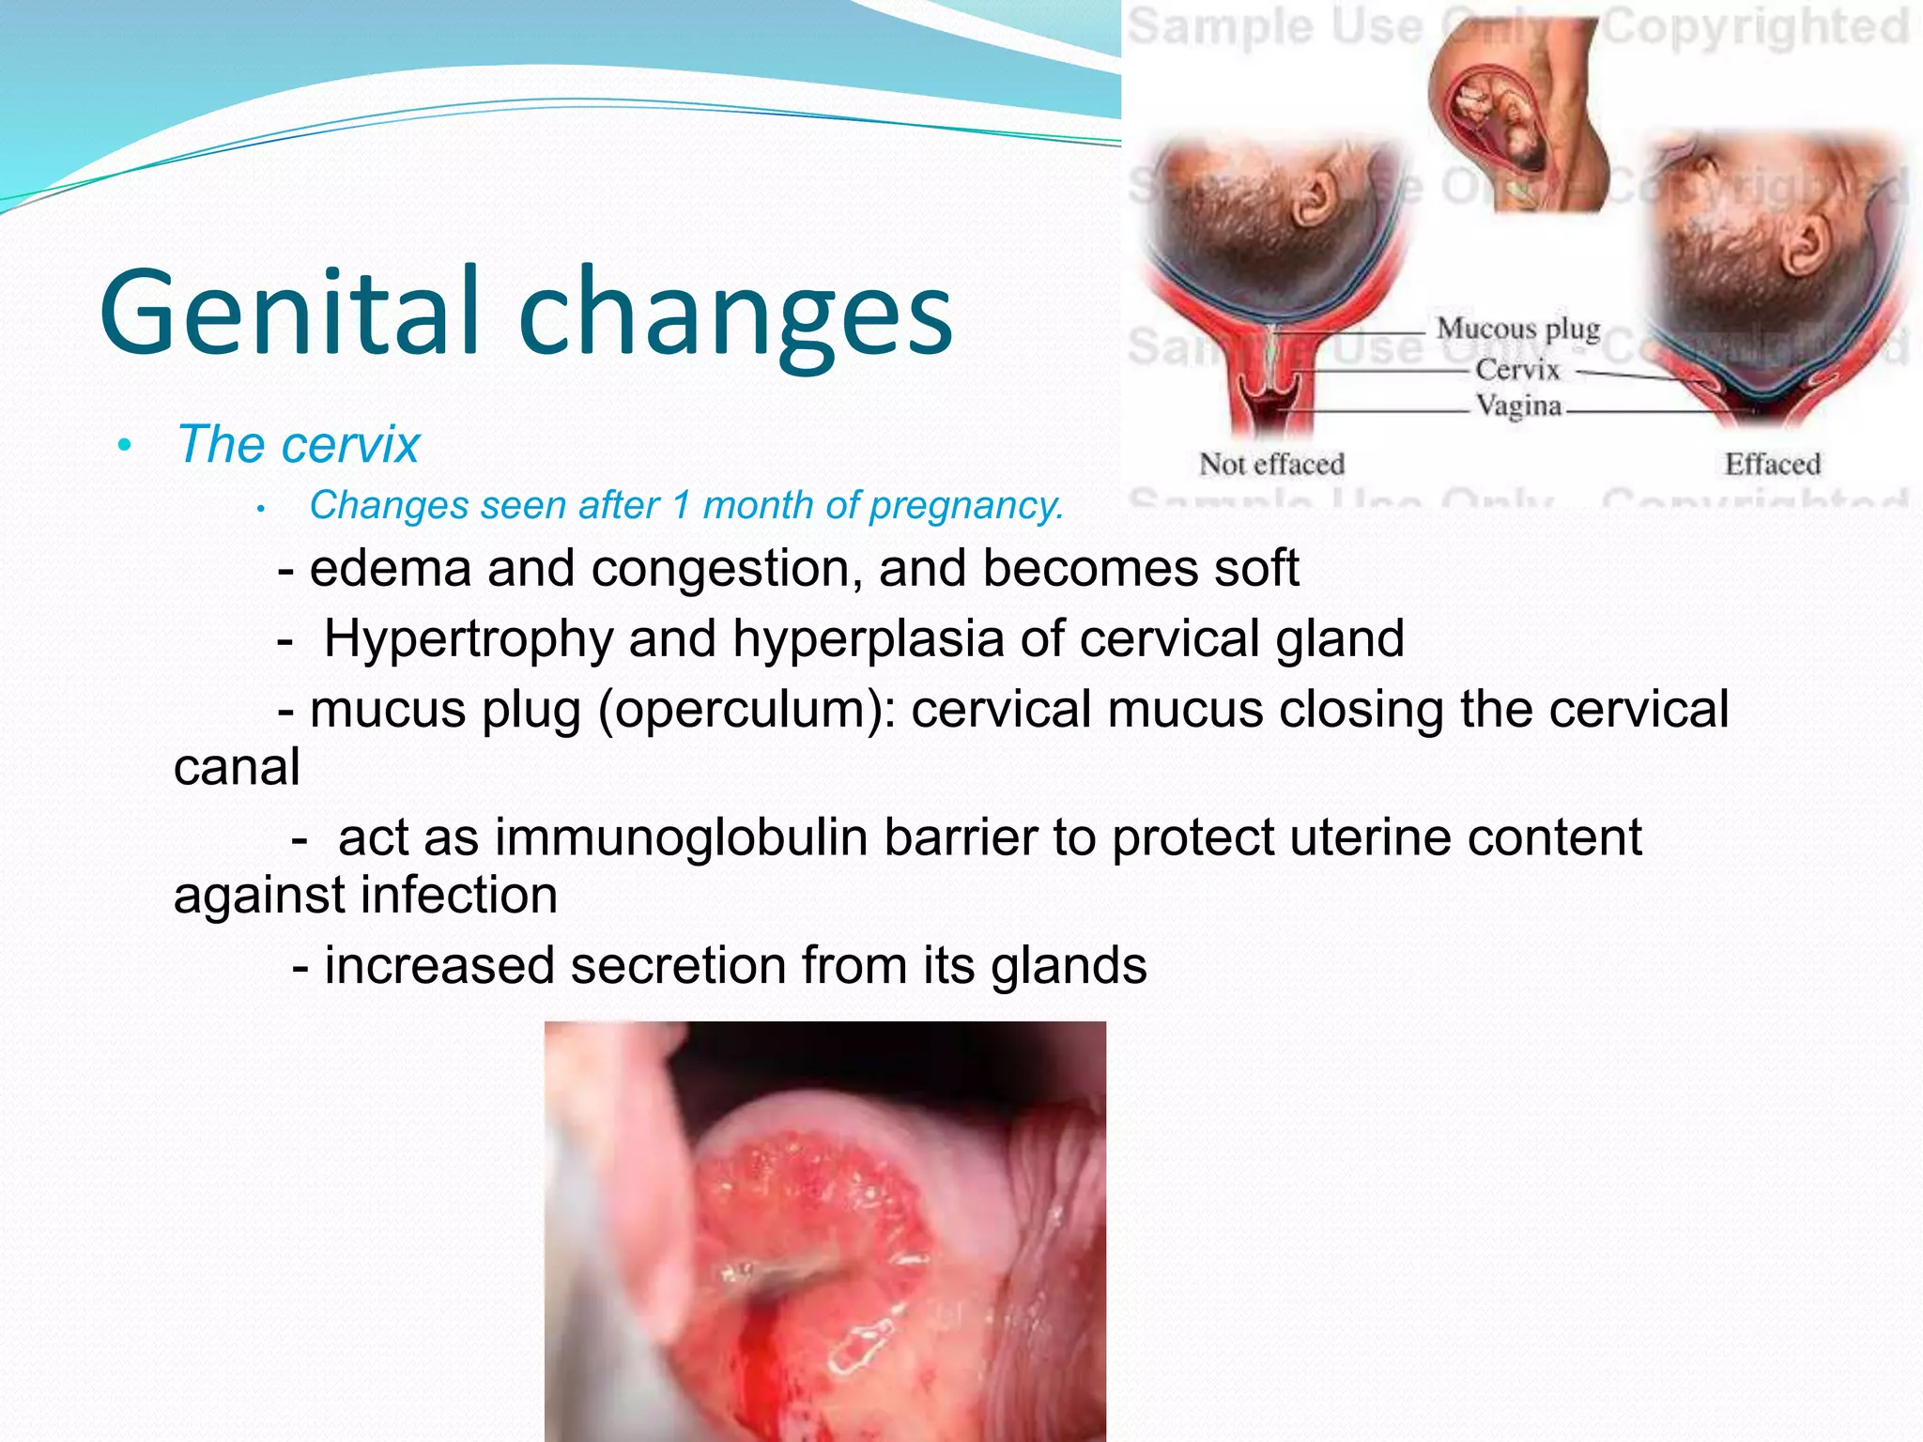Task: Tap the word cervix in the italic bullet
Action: coord(358,444)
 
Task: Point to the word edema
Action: coord(390,569)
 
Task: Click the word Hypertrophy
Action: coord(468,640)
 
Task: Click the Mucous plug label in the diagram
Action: coord(1517,330)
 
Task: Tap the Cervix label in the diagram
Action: coord(1516,370)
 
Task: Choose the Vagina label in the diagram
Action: coord(1517,406)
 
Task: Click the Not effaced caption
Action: coord(1271,464)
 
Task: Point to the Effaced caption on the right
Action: coord(1772,464)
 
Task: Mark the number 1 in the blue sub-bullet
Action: coord(682,506)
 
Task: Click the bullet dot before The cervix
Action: coord(124,445)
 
